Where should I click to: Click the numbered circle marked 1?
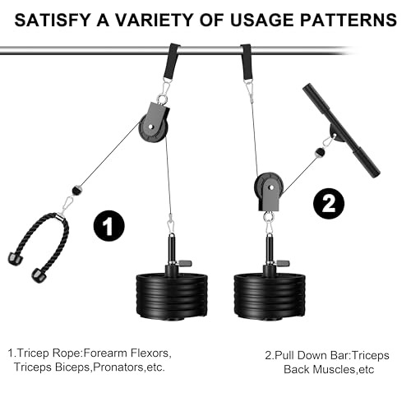coord(109,226)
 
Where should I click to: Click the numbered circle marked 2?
coord(329,204)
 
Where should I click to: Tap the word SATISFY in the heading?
coord(53,20)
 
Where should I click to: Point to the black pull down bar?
coord(341,131)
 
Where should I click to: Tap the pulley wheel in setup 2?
coord(269,187)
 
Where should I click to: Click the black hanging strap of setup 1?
coord(172,61)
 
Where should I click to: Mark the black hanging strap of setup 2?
coord(247,62)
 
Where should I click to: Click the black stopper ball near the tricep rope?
coord(77,190)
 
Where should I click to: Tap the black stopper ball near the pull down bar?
coord(320,152)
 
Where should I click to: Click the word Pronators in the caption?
coord(118,367)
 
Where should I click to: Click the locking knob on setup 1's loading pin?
coord(185,264)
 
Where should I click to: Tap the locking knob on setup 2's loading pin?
coord(283,264)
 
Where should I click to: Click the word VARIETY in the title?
coord(154,20)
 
